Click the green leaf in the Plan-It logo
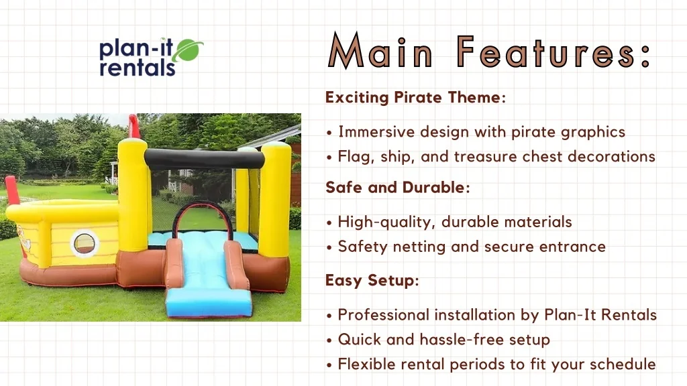(x=188, y=51)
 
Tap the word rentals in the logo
(x=137, y=68)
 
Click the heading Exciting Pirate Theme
(x=415, y=97)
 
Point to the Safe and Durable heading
(x=397, y=188)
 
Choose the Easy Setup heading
(x=372, y=280)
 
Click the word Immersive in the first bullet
(x=376, y=132)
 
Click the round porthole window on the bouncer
(x=85, y=243)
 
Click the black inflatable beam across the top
(x=195, y=159)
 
